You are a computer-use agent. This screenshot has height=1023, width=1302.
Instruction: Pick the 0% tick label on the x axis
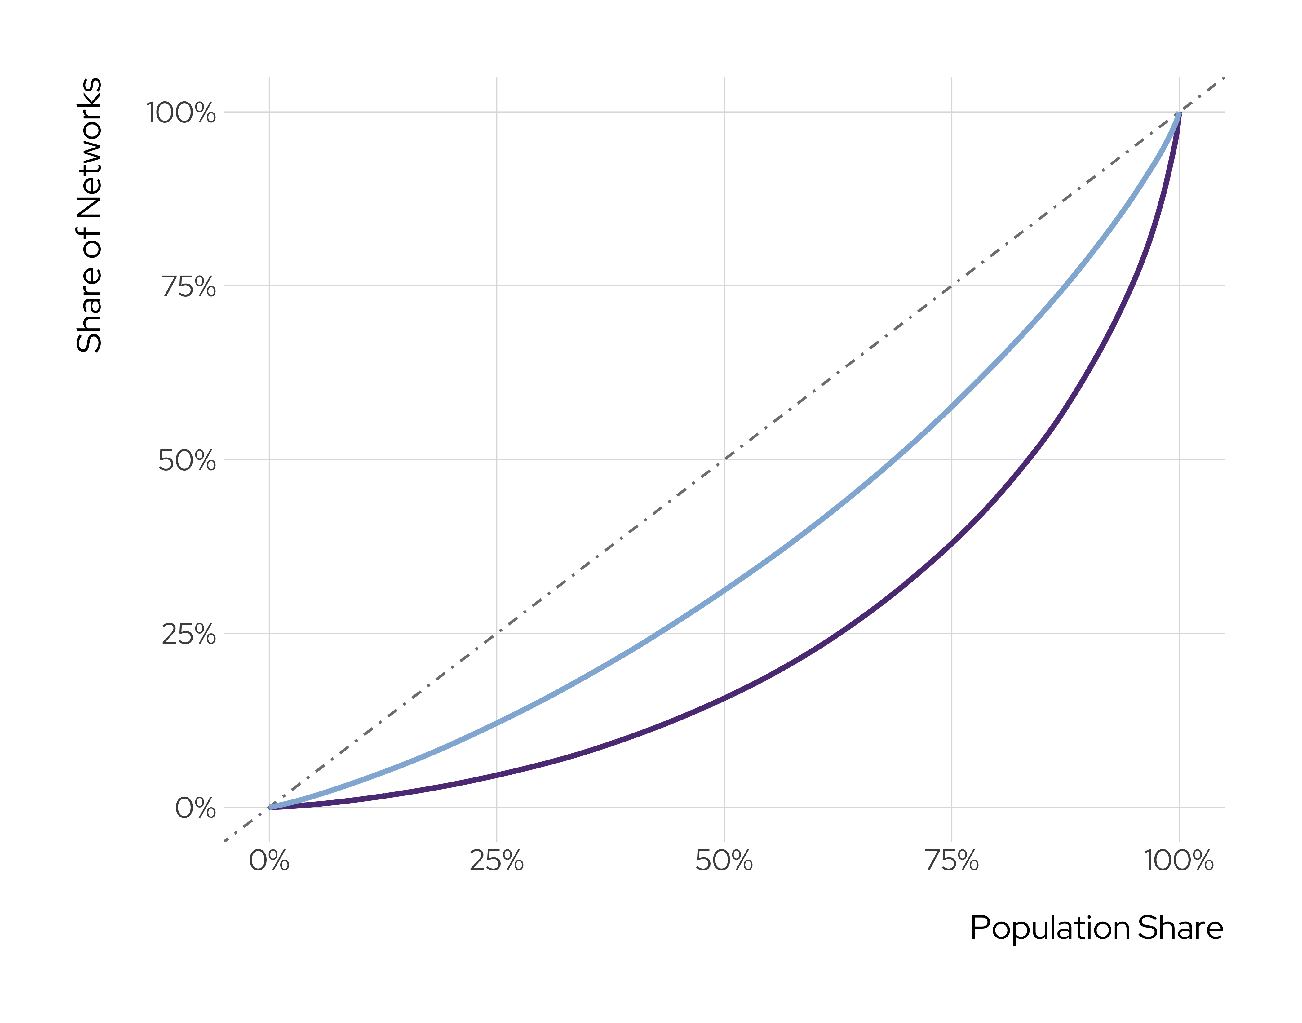(x=269, y=861)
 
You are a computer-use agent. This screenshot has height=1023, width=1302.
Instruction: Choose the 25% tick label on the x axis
(x=497, y=861)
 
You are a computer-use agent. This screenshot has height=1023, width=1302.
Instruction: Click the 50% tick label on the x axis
(x=724, y=861)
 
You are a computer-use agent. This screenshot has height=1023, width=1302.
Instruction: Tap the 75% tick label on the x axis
(x=952, y=861)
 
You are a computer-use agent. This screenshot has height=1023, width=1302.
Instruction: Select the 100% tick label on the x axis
(x=1179, y=861)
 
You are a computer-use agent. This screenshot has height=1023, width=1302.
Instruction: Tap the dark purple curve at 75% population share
(x=952, y=542)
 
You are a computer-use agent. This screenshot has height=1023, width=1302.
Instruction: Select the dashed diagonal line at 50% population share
(x=724, y=459)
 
